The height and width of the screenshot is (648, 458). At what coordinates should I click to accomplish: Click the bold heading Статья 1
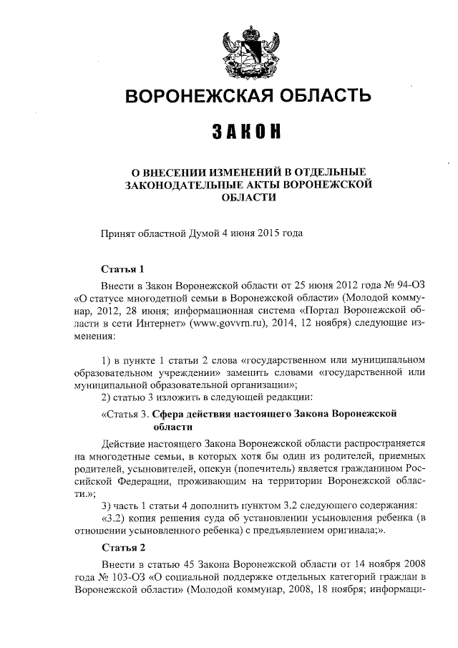123,270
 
